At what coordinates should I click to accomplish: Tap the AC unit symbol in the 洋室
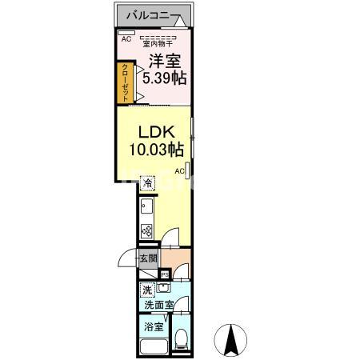pos(126,33)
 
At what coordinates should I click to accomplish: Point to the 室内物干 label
pos(158,43)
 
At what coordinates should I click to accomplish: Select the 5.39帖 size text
pos(164,78)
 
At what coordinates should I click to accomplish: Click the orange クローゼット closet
pos(125,82)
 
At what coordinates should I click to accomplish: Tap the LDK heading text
pos(157,132)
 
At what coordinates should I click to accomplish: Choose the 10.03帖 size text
pos(157,149)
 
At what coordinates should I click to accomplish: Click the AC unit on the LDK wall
pos(187,170)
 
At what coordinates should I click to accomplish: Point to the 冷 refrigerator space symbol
pos(147,183)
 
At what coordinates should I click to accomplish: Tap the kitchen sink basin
pos(146,206)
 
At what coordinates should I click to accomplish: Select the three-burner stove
pos(146,231)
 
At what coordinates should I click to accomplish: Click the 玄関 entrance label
pos(149,258)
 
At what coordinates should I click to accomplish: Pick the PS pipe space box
pos(165,274)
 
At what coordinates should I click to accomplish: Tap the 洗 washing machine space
pos(147,290)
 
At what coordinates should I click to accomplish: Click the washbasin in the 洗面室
pos(163,287)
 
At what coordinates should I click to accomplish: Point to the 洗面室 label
pos(159,305)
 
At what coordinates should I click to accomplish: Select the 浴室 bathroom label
pos(154,326)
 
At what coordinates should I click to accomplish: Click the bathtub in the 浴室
pos(154,347)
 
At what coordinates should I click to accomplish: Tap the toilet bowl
pos(182,338)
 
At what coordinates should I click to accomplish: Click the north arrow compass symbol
pos(231,340)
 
